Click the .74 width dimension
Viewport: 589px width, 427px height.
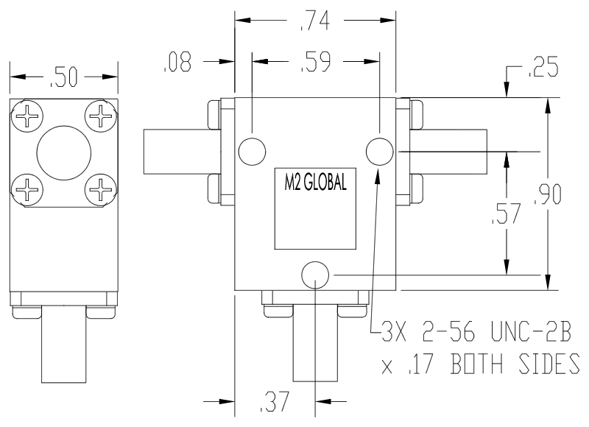tap(318, 21)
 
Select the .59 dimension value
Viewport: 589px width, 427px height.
tap(316, 63)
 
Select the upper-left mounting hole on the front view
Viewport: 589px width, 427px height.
tap(252, 150)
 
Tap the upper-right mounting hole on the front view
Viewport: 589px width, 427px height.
tap(379, 150)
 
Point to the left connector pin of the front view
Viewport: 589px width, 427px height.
tap(176, 150)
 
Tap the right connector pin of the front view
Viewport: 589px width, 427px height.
tap(451, 150)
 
